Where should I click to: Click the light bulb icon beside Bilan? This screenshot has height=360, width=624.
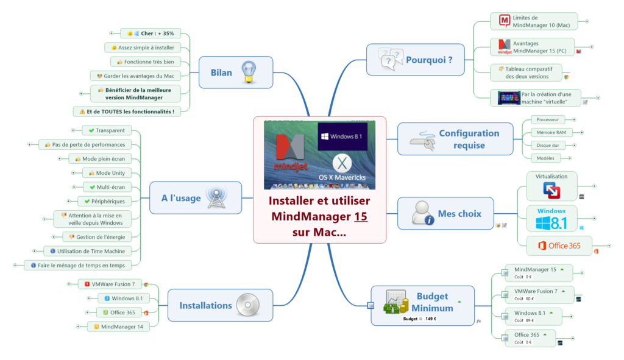(x=248, y=72)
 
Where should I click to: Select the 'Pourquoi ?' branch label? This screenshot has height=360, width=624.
(x=429, y=60)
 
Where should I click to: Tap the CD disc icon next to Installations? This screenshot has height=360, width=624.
(x=247, y=305)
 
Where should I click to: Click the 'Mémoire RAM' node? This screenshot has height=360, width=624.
(x=547, y=132)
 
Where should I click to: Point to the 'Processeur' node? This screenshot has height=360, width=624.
(x=546, y=119)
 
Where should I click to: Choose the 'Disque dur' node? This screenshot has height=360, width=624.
(x=546, y=145)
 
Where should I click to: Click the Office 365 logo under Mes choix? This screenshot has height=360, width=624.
(x=559, y=245)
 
